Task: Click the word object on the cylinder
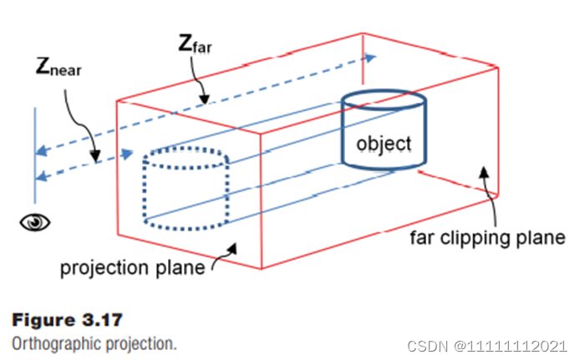point(384,144)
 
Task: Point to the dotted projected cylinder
point(185,190)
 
